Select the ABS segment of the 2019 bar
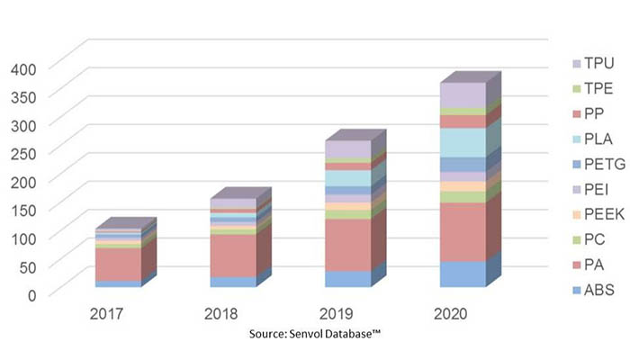coord(347,279)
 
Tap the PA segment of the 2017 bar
coord(118,264)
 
